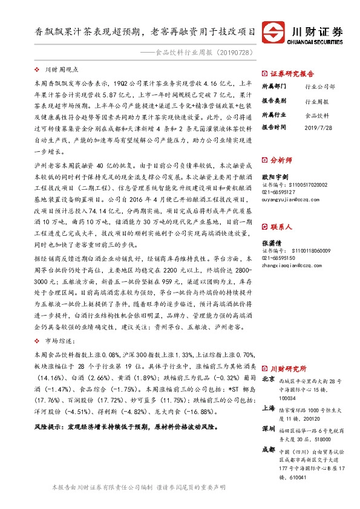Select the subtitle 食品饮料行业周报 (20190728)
pyautogui.click(x=208, y=53)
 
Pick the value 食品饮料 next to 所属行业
pyautogui.click(x=317, y=114)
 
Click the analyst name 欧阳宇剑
pyautogui.click(x=275, y=176)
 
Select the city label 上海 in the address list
pyautogui.click(x=269, y=408)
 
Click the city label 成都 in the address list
pyautogui.click(x=269, y=449)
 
